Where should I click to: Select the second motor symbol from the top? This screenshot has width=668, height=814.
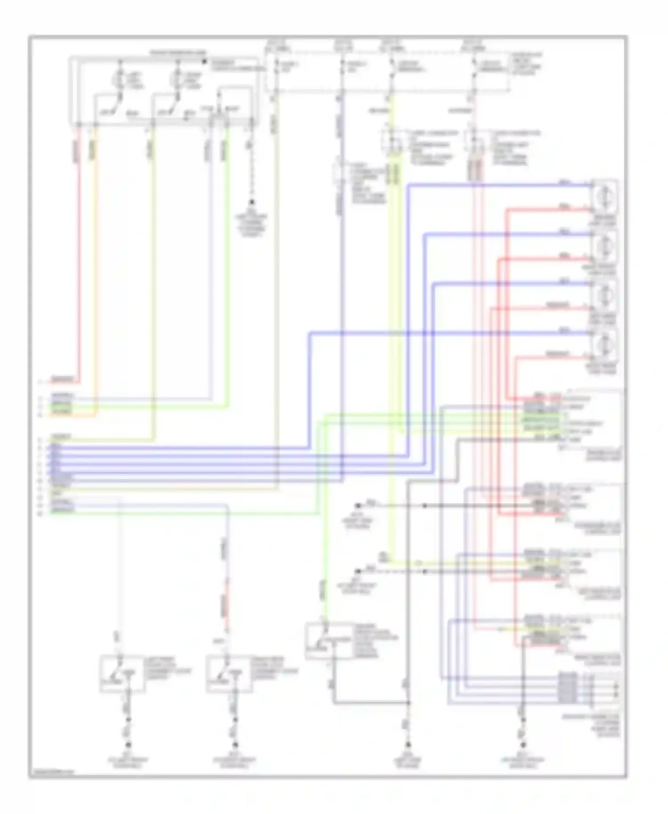click(x=604, y=245)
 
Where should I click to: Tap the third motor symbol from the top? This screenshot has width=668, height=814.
click(x=604, y=294)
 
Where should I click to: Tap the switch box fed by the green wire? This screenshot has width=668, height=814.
click(x=329, y=640)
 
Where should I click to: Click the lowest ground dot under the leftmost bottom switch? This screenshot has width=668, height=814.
click(x=128, y=745)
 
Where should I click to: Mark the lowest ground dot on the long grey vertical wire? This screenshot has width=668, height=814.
click(x=407, y=745)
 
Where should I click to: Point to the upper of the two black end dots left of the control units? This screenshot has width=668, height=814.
click(x=358, y=506)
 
